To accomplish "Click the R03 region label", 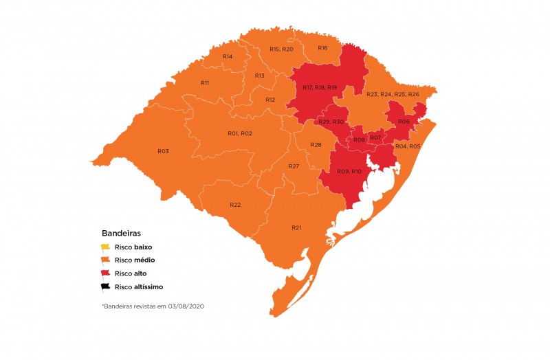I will pyautogui.click(x=163, y=151).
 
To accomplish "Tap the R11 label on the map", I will pyautogui.click(x=205, y=82).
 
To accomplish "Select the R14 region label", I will pyautogui.click(x=228, y=56).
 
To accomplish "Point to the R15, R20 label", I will pyautogui.click(x=281, y=49).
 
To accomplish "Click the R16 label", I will pyautogui.click(x=322, y=48).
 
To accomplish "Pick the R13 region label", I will pyautogui.click(x=260, y=76).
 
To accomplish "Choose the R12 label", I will pyautogui.click(x=270, y=100).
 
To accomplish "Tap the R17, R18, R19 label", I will pyautogui.click(x=320, y=88).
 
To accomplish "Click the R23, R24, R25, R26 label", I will pyautogui.click(x=393, y=94).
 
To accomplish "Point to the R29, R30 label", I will pyautogui.click(x=331, y=122).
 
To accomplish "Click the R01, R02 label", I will pyautogui.click(x=240, y=133).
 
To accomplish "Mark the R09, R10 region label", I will pyautogui.click(x=349, y=171).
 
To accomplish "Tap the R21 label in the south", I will pyautogui.click(x=296, y=227).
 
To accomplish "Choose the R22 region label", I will pyautogui.click(x=235, y=205).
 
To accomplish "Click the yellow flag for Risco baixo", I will pyautogui.click(x=105, y=247).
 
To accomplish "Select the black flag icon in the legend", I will pyautogui.click(x=105, y=287).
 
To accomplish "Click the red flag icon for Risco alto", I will pyautogui.click(x=105, y=274).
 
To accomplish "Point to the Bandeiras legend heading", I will pyautogui.click(x=121, y=234).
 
